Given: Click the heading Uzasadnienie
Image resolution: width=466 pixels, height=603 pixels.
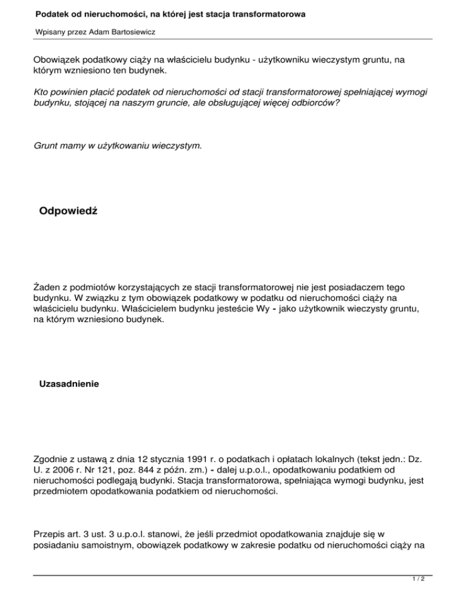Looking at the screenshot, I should pyautogui.click(x=69, y=384).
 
